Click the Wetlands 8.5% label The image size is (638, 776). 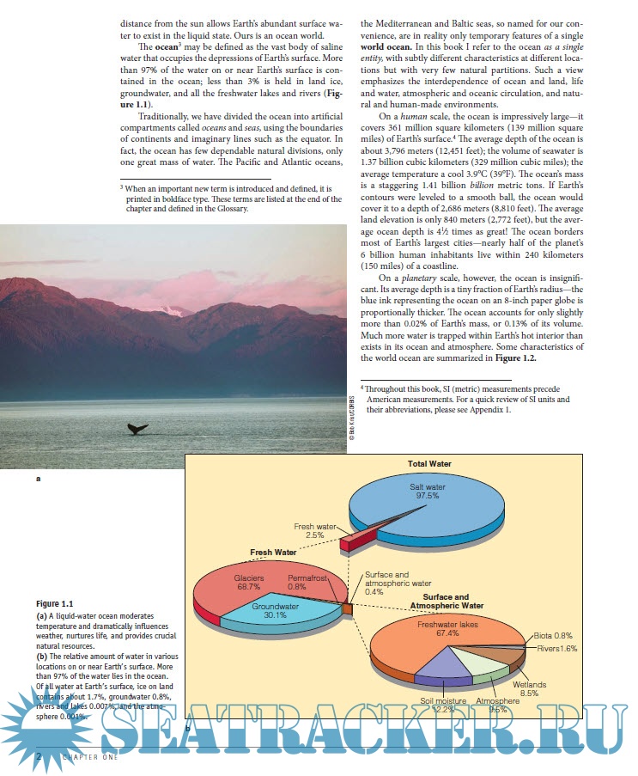(x=529, y=688)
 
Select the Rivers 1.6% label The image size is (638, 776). (x=557, y=648)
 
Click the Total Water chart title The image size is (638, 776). (x=429, y=464)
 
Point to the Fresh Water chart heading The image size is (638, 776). (x=273, y=552)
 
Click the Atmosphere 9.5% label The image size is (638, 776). (x=504, y=706)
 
